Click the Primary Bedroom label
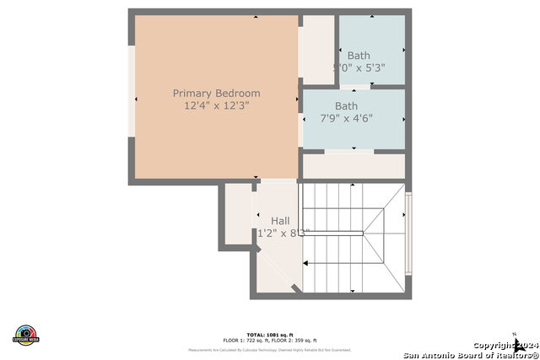216,93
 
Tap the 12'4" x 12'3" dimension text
216,106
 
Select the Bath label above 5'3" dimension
358,56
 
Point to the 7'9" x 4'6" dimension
346,119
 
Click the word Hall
280,221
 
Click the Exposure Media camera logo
26,334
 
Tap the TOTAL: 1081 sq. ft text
269,335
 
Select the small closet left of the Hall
238,215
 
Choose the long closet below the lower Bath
354,166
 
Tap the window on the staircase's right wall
409,233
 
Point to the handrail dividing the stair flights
332,234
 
